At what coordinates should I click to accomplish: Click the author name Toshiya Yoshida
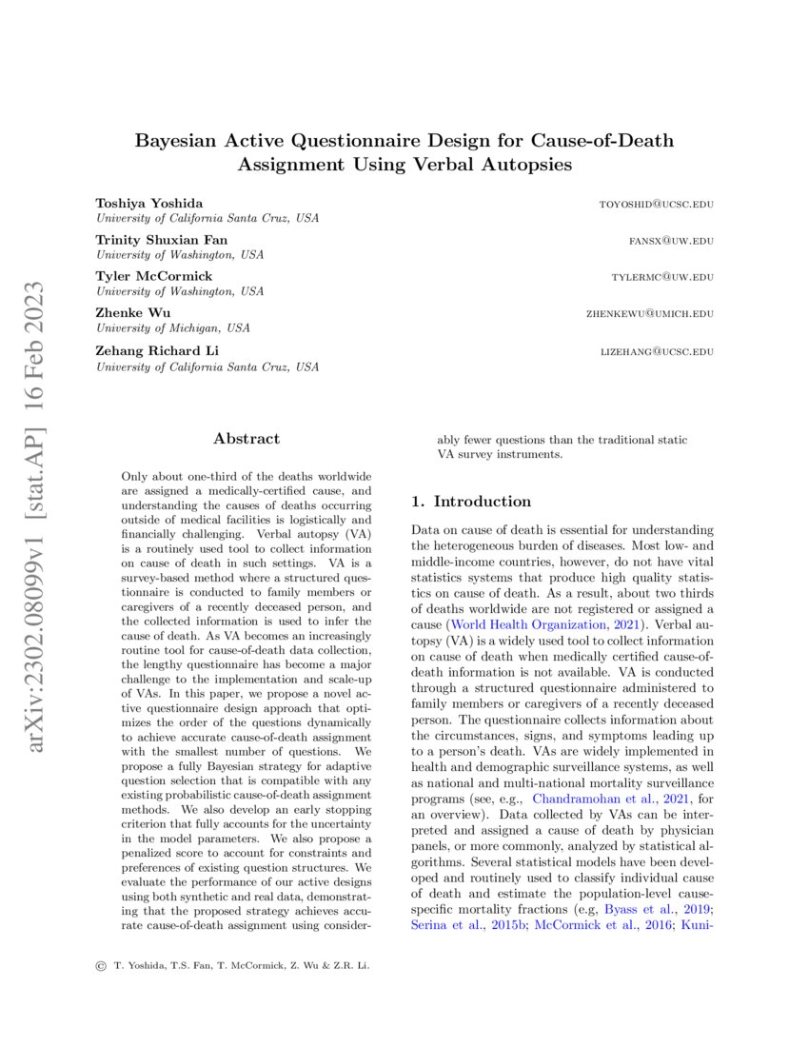pyautogui.click(x=148, y=204)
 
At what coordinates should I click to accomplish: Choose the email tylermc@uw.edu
pyautogui.click(x=662, y=277)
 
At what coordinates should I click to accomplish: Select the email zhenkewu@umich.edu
pyautogui.click(x=649, y=314)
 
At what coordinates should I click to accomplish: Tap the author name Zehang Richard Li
pyautogui.click(x=158, y=350)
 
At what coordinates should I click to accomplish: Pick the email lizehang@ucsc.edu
pyautogui.click(x=657, y=351)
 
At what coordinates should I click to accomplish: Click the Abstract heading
pyautogui.click(x=247, y=439)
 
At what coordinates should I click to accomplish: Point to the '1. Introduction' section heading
pyautogui.click(x=470, y=502)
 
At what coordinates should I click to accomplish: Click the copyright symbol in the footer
pyautogui.click(x=101, y=966)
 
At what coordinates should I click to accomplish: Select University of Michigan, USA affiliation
pyautogui.click(x=172, y=327)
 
